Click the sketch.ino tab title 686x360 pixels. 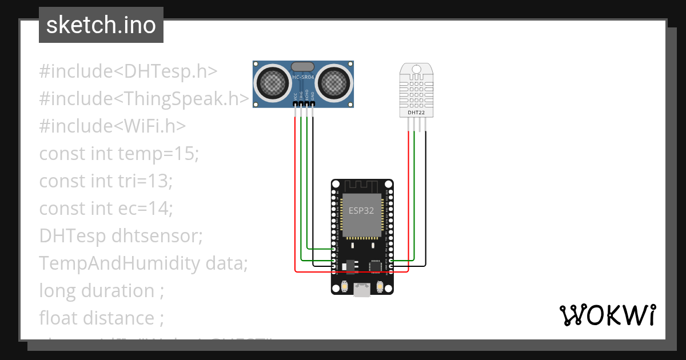101,26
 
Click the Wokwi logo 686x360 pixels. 606,315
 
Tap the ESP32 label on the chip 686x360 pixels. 361,210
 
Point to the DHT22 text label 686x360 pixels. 416,113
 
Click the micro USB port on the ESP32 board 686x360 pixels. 362,290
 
